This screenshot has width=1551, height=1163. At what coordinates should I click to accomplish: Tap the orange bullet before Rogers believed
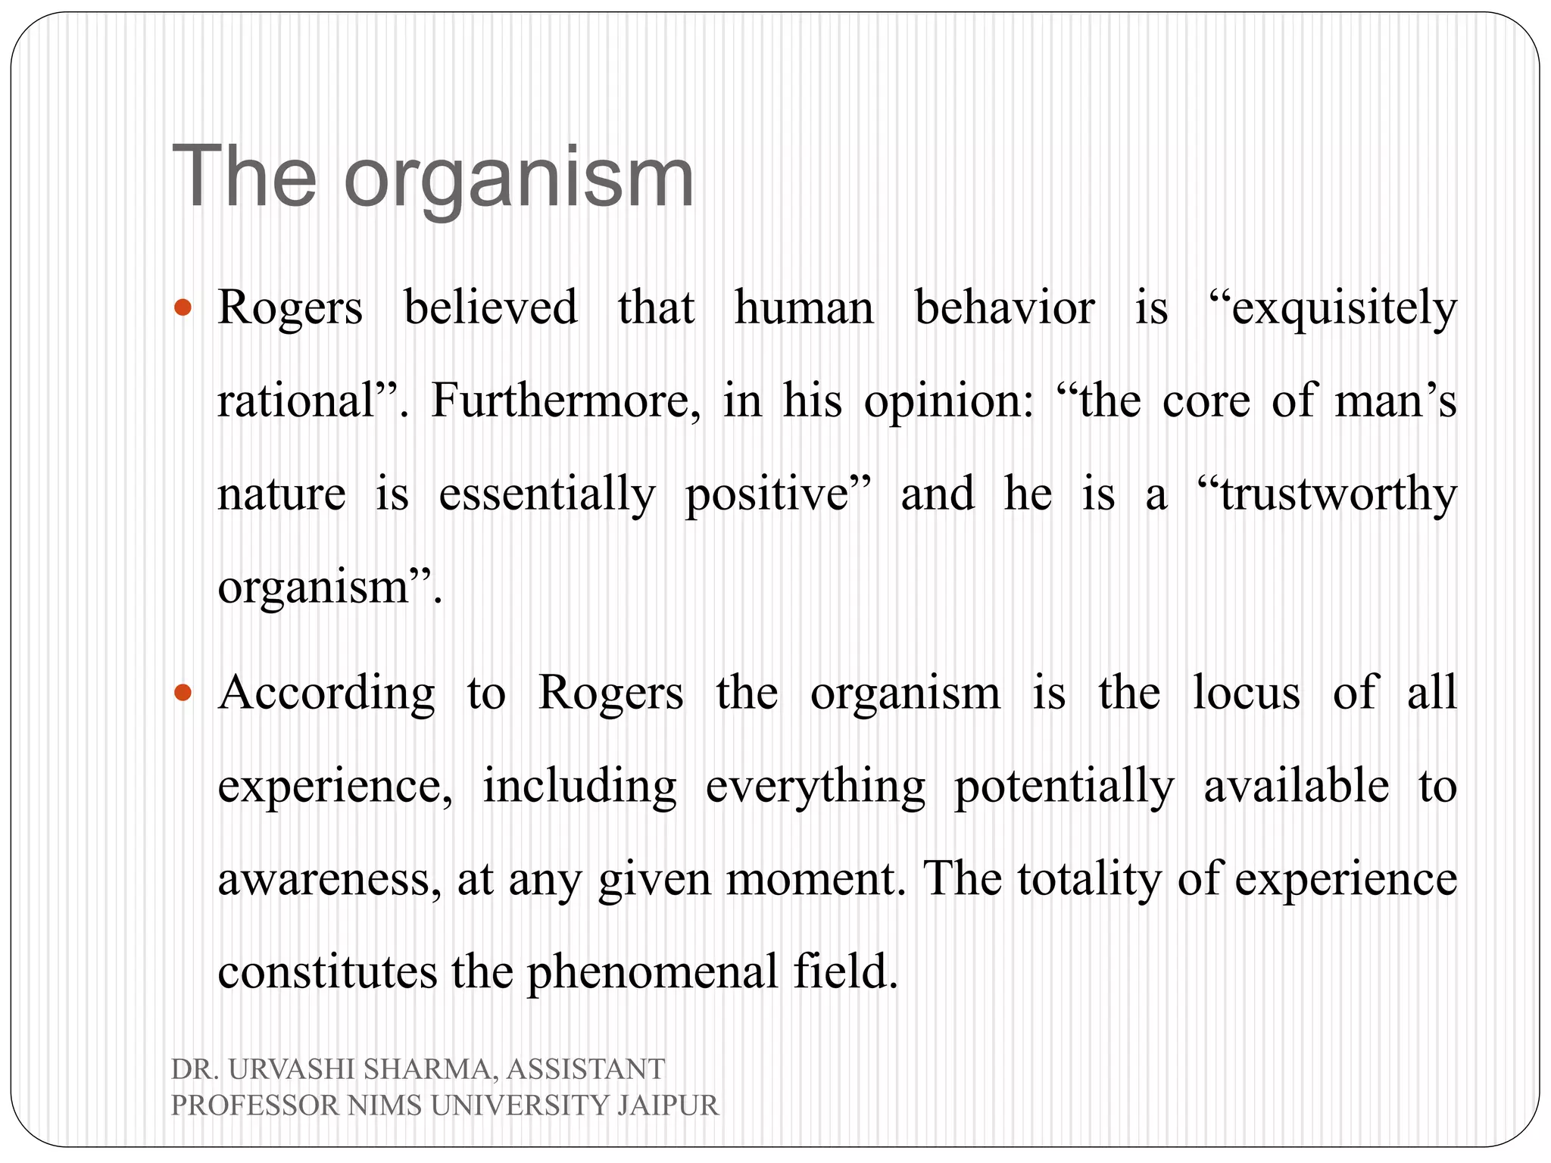(183, 307)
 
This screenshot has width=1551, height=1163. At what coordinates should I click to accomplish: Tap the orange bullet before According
(183, 692)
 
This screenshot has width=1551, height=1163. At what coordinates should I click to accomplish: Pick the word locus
(1247, 692)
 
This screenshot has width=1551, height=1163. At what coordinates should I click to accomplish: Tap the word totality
(1088, 878)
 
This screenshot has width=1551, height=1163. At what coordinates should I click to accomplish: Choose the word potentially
(1064, 787)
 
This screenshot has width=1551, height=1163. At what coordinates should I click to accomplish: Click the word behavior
(1004, 309)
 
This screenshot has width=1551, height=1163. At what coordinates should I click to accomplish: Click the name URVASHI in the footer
(292, 1070)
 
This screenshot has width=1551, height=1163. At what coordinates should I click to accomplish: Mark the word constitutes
(327, 973)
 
